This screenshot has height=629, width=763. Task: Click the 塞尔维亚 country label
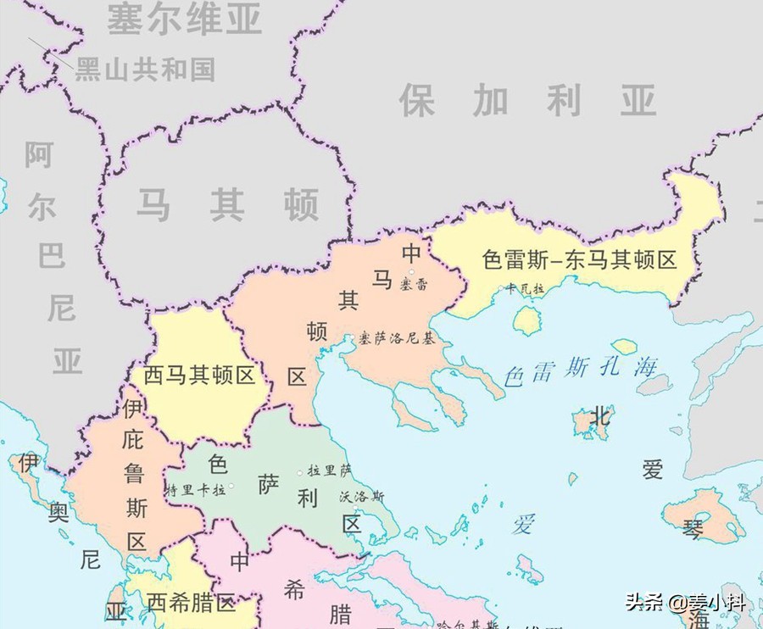coord(184,19)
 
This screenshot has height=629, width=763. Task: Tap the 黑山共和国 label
coord(145,69)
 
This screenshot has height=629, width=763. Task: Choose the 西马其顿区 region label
coord(199,376)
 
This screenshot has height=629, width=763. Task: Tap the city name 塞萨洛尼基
coord(395,338)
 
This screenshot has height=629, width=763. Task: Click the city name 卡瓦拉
coord(525,288)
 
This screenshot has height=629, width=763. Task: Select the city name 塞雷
coord(415,284)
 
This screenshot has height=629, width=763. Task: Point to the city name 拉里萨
coord(329,470)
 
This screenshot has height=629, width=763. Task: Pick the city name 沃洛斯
coord(361,497)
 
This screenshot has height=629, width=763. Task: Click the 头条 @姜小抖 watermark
coord(686,603)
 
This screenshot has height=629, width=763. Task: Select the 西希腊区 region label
coord(191,603)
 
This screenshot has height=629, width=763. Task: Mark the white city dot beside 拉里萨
coord(299,471)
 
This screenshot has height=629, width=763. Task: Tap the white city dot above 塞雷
coord(413,272)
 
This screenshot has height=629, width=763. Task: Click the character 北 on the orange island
coord(599,416)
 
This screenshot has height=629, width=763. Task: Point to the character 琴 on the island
coord(693,530)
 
